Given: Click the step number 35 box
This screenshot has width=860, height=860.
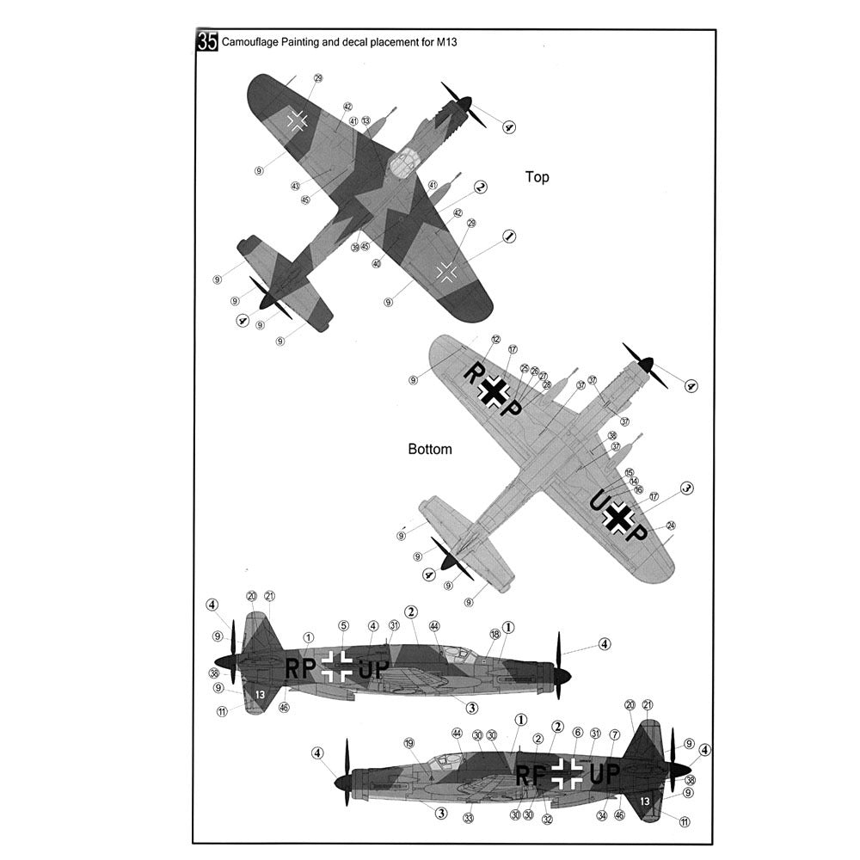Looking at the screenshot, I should click(x=207, y=41).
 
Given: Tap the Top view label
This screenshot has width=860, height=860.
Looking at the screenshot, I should click(x=537, y=177).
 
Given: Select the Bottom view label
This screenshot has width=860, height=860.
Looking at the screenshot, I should click(x=429, y=449).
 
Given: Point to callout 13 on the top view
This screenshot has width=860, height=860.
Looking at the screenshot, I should click(x=365, y=121).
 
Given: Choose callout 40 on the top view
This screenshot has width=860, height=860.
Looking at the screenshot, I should click(x=377, y=264).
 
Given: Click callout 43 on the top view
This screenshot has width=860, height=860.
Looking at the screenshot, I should click(x=295, y=186).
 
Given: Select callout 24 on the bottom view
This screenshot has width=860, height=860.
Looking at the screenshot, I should click(x=671, y=525).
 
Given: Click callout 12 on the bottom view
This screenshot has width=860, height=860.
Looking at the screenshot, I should click(x=495, y=340).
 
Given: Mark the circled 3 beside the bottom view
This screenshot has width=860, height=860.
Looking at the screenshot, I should click(x=685, y=488).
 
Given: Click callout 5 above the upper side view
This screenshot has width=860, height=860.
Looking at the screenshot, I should click(x=343, y=625).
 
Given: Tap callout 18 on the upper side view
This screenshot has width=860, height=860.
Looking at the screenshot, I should click(x=494, y=634).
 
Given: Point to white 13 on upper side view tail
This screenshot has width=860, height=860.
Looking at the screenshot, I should click(x=259, y=692).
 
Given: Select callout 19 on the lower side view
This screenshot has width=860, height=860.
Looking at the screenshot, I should click(x=408, y=742).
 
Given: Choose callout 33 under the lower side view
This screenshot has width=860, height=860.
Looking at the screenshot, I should click(x=468, y=818).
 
